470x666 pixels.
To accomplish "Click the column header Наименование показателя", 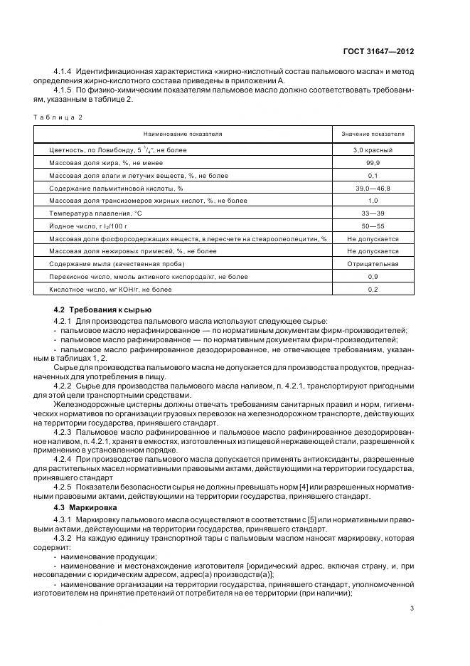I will tap(183, 134).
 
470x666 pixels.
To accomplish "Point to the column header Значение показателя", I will tap(373, 134).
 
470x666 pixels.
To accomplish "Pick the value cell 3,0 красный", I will tap(373, 151).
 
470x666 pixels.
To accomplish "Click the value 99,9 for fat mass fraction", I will tap(373, 164).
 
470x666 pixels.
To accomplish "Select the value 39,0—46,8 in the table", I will tap(373, 189).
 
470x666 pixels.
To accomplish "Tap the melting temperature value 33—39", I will tap(373, 213).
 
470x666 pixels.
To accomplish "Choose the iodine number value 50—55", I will tap(373, 226).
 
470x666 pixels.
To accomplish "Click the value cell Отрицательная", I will tap(373, 264).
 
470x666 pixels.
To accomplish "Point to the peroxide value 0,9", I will tap(373, 277).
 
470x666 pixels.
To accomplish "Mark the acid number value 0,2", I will tap(373, 290).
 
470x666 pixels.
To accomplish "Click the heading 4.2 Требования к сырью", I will tap(102, 311).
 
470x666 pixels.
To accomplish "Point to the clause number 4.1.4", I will tap(65, 72).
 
